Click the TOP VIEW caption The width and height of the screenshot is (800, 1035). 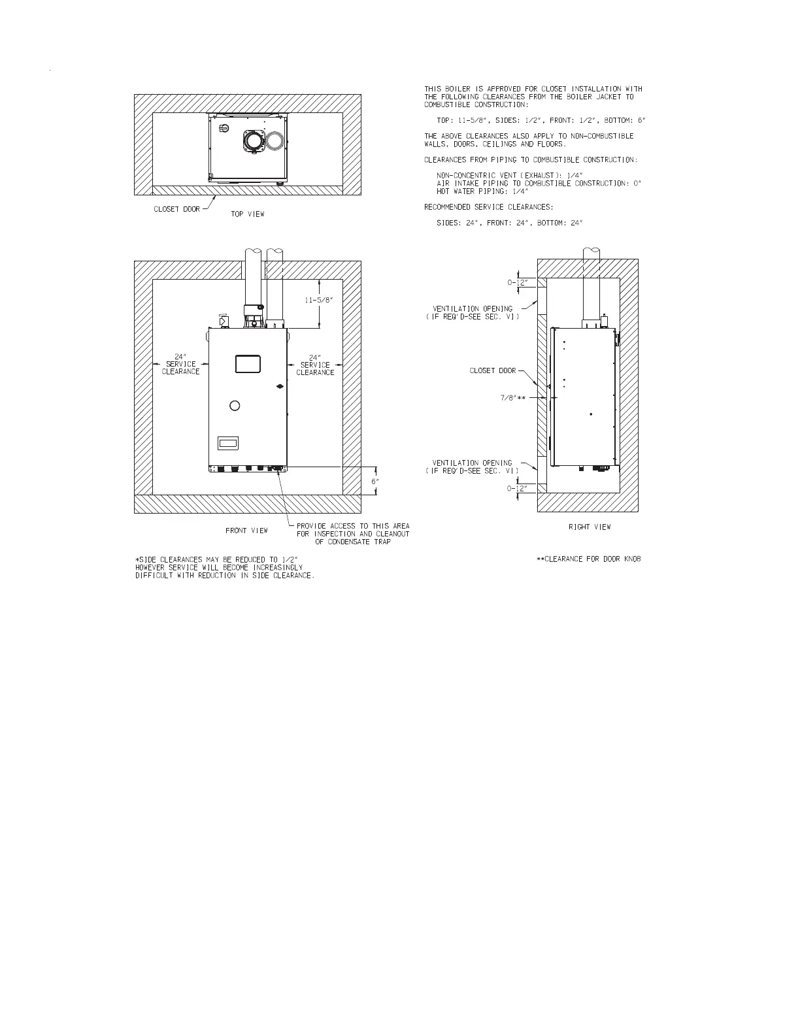(248, 214)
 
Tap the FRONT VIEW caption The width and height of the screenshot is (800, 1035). (246, 531)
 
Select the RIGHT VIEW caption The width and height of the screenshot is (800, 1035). (590, 527)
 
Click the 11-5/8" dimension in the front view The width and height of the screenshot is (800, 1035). (319, 300)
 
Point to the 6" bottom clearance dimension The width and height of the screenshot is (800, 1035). (375, 481)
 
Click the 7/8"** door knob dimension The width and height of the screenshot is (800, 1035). (513, 397)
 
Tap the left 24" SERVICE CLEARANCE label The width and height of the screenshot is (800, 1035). (180, 365)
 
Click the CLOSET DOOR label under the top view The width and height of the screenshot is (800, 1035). (176, 209)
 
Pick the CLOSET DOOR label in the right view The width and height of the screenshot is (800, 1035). (493, 370)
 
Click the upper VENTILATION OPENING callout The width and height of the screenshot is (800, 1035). (473, 312)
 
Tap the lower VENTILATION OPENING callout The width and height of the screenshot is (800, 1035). (472, 467)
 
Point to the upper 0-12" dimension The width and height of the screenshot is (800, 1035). (522, 283)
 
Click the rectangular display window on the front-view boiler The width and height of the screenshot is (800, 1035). (248, 363)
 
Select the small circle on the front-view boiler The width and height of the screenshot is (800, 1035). (235, 406)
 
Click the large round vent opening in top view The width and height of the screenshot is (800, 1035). (252, 140)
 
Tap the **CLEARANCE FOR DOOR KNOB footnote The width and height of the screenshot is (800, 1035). (588, 559)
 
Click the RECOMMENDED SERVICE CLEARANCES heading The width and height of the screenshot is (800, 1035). (488, 207)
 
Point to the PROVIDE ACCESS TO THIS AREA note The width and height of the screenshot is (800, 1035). (353, 534)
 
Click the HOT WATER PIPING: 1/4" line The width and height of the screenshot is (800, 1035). (482, 191)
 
